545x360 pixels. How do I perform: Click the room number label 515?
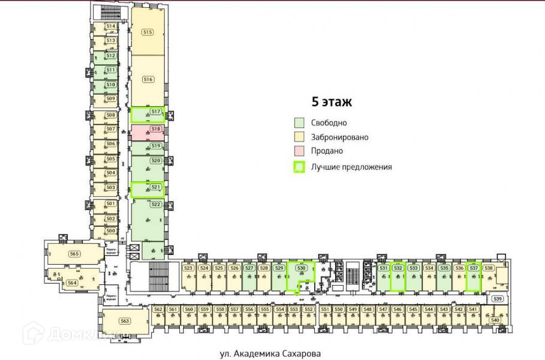[x=147, y=32]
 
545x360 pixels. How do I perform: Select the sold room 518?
[x=155, y=129]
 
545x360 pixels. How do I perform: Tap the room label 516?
[x=147, y=79]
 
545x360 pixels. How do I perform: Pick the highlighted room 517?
[x=155, y=112]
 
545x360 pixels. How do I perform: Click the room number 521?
[x=155, y=187]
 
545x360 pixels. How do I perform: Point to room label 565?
[x=74, y=254]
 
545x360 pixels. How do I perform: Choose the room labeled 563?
[x=125, y=321]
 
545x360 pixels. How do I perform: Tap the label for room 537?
[x=474, y=268]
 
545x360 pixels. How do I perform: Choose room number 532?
[x=398, y=268]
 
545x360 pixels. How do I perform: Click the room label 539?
[x=497, y=298]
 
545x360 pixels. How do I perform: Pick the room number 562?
[x=158, y=310]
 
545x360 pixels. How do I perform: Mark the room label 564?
[x=72, y=283]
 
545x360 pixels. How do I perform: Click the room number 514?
[x=110, y=27]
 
